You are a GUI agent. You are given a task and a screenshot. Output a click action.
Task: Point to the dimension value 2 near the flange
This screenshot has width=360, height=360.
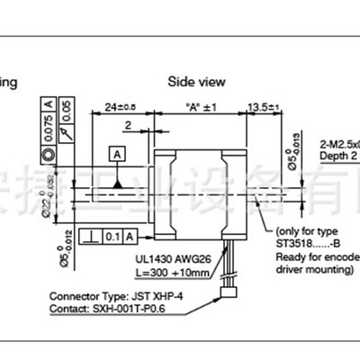coord(130,127)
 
